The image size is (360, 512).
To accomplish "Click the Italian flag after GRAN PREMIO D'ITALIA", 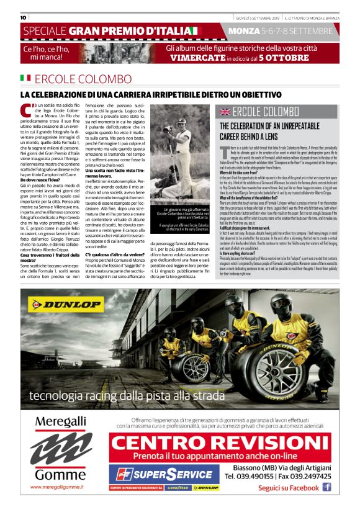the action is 196,30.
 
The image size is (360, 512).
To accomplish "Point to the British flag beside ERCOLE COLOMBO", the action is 223,112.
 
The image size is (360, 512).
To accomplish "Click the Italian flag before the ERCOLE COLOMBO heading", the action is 25,79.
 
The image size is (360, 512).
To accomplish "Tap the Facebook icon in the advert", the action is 326,487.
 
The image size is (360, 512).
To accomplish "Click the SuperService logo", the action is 163,474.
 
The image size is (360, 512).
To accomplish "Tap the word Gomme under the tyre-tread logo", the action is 60,474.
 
